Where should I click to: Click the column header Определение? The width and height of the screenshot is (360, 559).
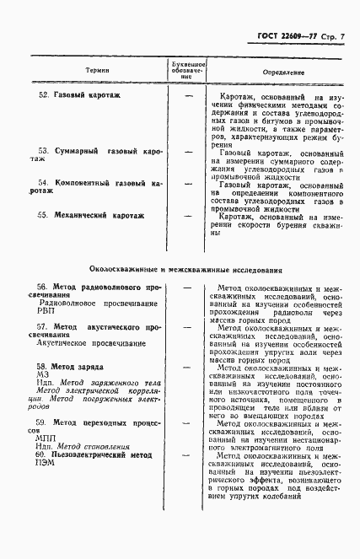coord(283,73)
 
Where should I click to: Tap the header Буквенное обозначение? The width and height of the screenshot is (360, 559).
coord(189,70)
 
